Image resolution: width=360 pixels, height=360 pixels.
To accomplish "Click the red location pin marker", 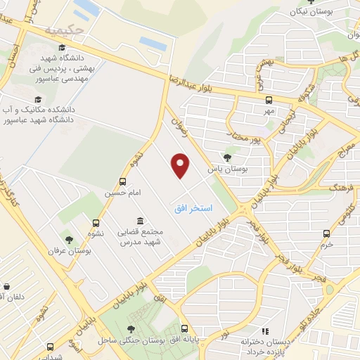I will [x=181, y=165].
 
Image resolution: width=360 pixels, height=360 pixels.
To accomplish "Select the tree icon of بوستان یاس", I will [x=226, y=157].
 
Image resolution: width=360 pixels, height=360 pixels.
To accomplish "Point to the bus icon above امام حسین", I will [x=124, y=181].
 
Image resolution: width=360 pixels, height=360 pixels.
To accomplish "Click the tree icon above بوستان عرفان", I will [x=68, y=240].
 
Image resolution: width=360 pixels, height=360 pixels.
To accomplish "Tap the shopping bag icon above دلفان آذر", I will [x=6, y=287].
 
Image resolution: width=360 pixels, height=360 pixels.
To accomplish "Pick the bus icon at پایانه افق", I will [x=185, y=328].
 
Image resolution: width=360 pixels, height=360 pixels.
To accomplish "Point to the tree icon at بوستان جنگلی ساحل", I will [x=131, y=328].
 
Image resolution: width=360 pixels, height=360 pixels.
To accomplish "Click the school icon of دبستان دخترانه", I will [x=264, y=330].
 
